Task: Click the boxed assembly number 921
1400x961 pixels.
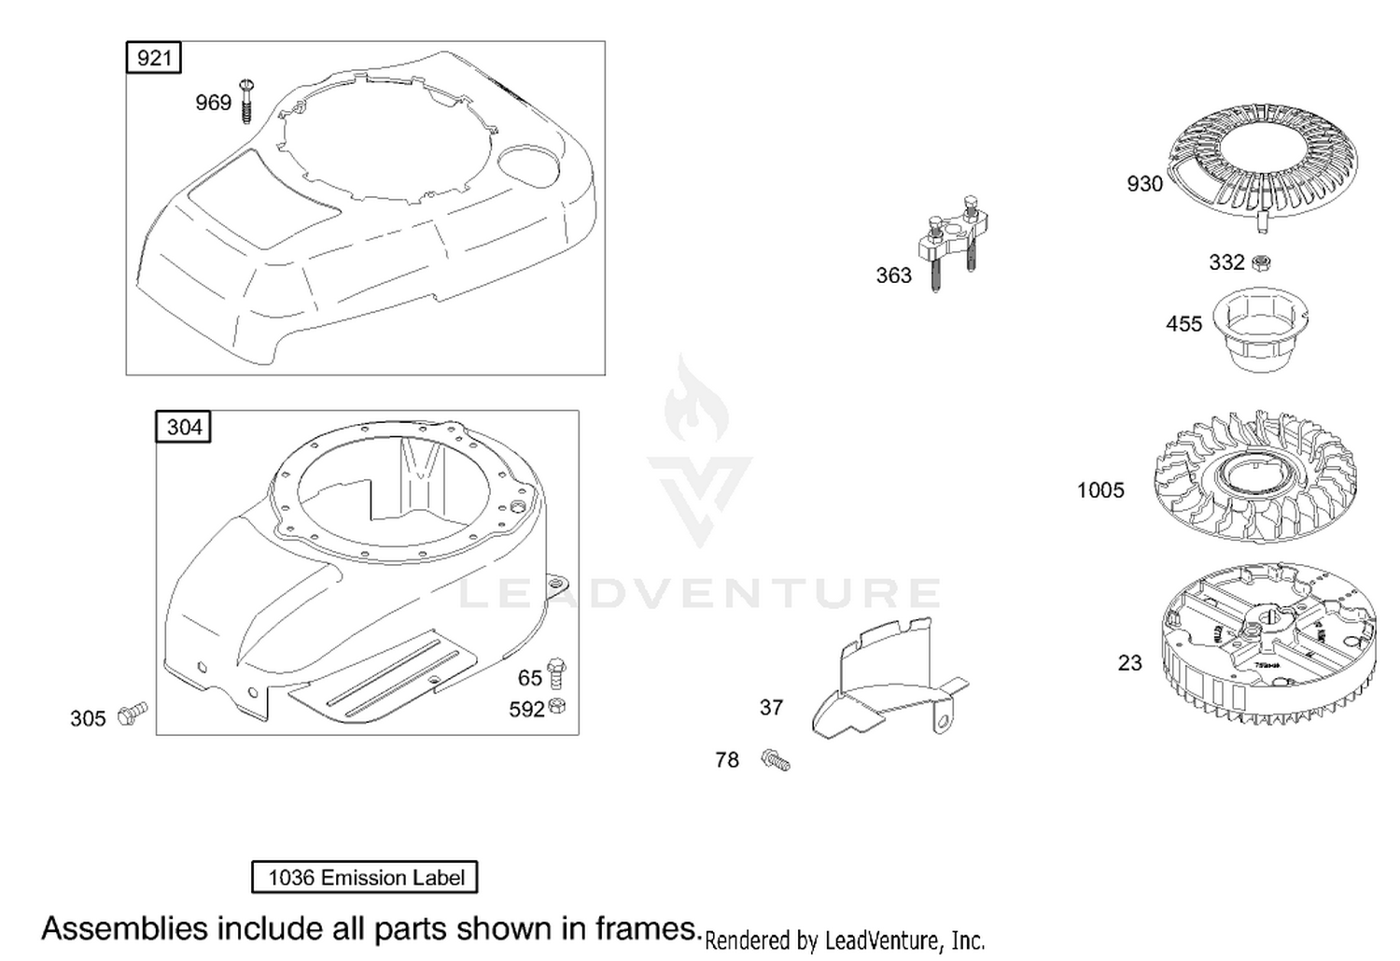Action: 154,58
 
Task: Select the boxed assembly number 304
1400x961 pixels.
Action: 184,428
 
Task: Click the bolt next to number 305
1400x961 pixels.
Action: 133,714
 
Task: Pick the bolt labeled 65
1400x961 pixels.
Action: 556,672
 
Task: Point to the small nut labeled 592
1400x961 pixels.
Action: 558,706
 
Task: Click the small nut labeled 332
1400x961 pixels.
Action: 1260,263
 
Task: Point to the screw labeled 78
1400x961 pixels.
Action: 776,760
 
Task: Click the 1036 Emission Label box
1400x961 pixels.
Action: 365,877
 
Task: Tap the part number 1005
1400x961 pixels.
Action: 1100,490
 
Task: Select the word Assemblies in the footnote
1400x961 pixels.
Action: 124,928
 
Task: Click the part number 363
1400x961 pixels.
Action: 893,276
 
